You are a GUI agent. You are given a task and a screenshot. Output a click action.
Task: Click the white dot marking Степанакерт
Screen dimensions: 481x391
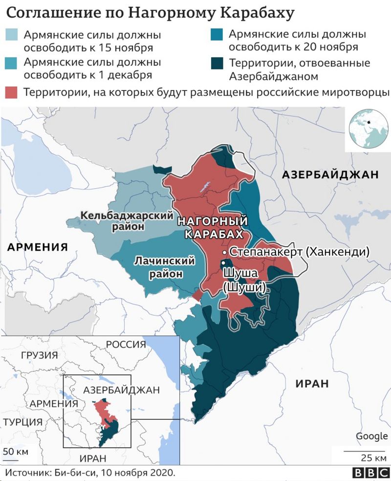[224, 252]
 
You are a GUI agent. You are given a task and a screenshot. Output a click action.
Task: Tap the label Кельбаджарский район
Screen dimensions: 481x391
[127, 220]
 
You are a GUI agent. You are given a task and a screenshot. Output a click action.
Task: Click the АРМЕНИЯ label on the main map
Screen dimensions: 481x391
[37, 247]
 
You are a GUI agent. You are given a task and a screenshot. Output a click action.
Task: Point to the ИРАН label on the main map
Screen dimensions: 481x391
[312, 384]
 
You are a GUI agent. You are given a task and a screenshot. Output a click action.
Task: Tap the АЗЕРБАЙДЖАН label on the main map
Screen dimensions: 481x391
[330, 175]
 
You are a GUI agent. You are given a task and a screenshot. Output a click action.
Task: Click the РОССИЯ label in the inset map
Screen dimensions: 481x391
[126, 344]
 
